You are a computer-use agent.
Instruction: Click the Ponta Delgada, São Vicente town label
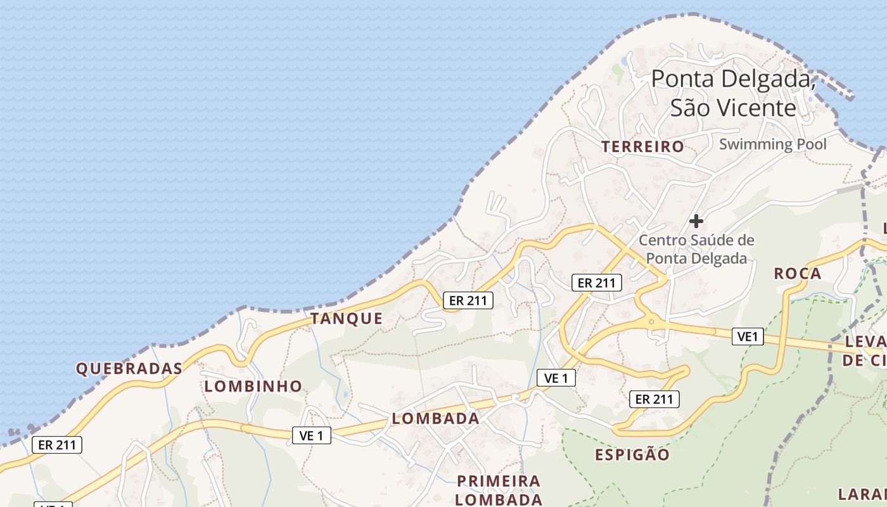[x=733, y=93]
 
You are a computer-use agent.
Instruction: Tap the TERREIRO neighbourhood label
[x=642, y=147]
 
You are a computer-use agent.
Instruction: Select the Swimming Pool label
[x=772, y=144]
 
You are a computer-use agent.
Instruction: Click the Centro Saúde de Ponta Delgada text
[x=696, y=249]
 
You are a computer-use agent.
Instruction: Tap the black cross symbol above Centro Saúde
[x=696, y=221]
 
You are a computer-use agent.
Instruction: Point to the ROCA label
[x=798, y=274]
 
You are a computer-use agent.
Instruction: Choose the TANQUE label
[x=347, y=319]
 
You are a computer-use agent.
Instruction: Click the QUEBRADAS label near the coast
[x=129, y=368]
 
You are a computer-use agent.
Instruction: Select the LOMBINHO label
[x=253, y=386]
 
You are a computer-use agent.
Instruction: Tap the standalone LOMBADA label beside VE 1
[x=435, y=418]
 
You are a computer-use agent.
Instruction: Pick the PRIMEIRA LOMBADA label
[x=499, y=490]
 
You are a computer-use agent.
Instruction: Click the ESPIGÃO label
[x=632, y=454]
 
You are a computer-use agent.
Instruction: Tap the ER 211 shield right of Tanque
[x=468, y=300]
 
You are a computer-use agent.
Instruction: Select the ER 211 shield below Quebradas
[x=57, y=445]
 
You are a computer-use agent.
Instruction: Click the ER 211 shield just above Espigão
[x=654, y=399]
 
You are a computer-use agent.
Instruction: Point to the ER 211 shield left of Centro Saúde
[x=596, y=283]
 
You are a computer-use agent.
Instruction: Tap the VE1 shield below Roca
[x=748, y=337]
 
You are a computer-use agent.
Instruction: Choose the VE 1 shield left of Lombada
[x=311, y=435]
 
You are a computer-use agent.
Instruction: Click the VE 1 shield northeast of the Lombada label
[x=556, y=378]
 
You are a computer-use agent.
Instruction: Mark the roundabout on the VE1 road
[x=652, y=323]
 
